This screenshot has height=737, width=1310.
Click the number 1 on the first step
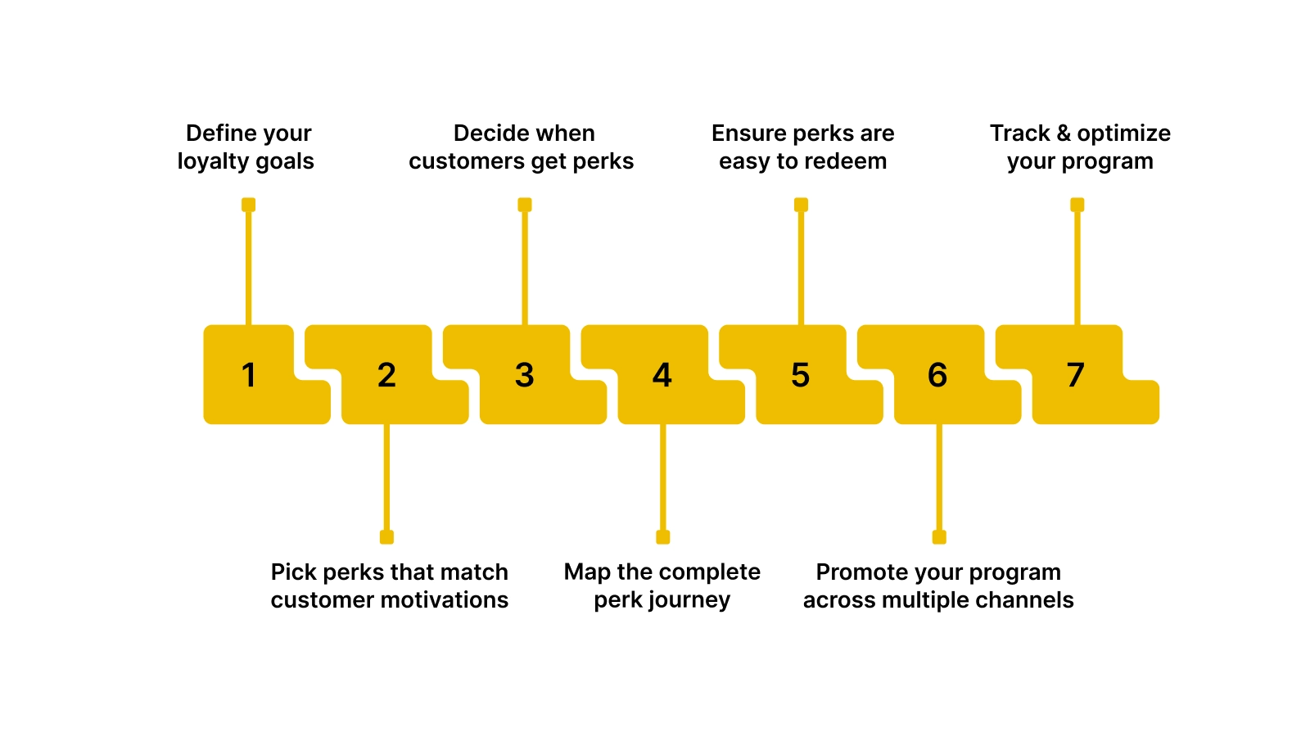(x=249, y=375)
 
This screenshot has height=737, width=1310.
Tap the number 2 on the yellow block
(x=386, y=375)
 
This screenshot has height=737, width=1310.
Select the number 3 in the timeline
(x=525, y=375)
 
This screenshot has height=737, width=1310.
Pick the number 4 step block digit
(x=662, y=375)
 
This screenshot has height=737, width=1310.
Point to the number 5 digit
(x=801, y=375)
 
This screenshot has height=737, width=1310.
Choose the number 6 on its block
(x=938, y=375)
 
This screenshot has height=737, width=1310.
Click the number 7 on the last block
(x=1076, y=375)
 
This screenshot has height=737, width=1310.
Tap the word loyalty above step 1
(x=213, y=161)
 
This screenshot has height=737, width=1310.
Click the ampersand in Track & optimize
(x=1064, y=133)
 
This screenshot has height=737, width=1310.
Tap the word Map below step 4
(x=587, y=572)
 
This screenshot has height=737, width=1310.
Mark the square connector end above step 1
(x=249, y=205)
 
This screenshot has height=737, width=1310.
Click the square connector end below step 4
(x=663, y=537)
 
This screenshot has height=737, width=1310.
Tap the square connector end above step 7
(x=1077, y=205)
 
